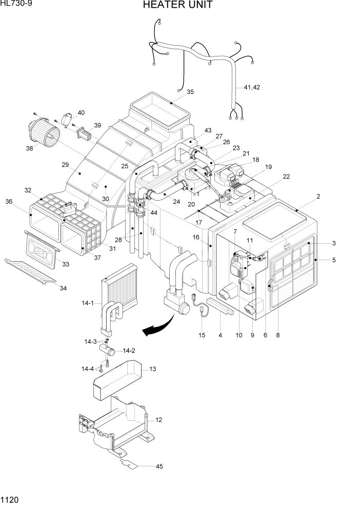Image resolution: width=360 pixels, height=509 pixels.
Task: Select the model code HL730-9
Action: click(16, 5)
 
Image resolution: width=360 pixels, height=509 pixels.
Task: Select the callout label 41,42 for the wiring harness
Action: click(252, 87)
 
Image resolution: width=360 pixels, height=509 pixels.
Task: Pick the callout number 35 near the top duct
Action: click(190, 92)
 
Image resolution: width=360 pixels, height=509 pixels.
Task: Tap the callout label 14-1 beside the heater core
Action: click(88, 303)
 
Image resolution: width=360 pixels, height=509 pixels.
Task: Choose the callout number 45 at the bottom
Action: click(159, 466)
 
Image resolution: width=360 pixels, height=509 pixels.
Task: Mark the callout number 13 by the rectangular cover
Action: click(152, 369)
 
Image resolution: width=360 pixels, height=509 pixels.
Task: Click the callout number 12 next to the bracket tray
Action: click(158, 420)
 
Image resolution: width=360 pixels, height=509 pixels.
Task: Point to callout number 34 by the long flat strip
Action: click(63, 288)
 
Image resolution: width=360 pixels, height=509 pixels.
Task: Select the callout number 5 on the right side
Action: click(334, 260)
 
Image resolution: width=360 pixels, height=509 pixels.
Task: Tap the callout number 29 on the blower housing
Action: click(65, 165)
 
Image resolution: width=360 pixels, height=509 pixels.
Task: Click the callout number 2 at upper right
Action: click(333, 197)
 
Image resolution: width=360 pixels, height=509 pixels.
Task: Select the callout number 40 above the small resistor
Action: click(81, 112)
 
